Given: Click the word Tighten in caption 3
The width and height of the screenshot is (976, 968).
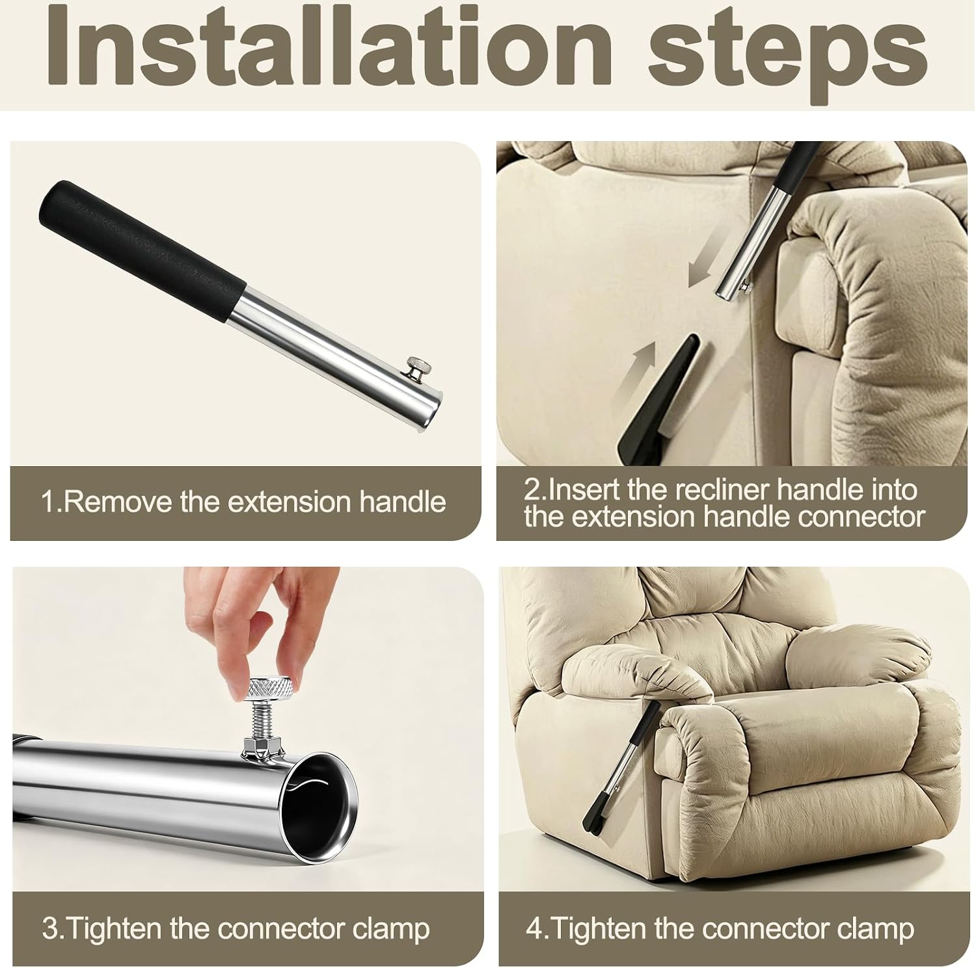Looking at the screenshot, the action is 111,928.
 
